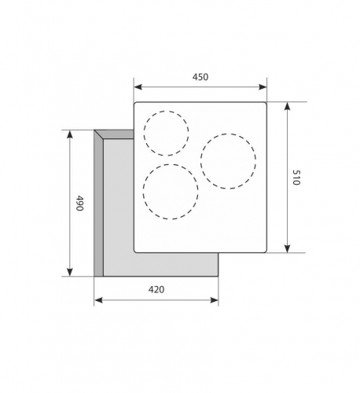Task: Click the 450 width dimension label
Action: [x=200, y=77]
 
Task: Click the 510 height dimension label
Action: [x=296, y=178]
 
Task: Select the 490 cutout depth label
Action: [x=79, y=203]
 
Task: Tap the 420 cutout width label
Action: [x=156, y=289]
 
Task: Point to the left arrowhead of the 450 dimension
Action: [x=138, y=87]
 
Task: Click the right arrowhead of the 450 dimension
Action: [x=263, y=87]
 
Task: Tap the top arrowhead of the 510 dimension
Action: [x=288, y=106]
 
